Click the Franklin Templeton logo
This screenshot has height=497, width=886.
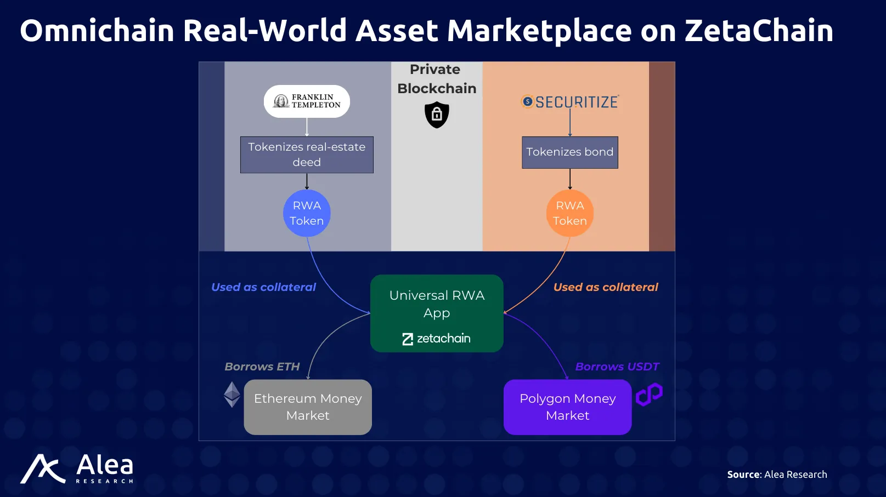coord(307,101)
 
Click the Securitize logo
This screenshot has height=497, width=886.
coord(569,101)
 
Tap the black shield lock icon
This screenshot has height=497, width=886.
coord(437,115)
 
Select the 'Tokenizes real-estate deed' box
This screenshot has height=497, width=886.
coord(307,155)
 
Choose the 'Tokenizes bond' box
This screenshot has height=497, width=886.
coord(569,152)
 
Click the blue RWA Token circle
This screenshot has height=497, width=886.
coord(307,213)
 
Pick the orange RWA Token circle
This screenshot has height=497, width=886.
coord(569,213)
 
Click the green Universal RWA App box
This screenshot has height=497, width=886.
coord(437,313)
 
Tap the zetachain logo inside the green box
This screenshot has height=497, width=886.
coord(436,339)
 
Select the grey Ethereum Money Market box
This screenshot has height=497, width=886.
coord(308,407)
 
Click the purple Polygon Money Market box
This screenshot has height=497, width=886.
coord(568,407)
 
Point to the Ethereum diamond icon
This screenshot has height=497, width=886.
coord(232,395)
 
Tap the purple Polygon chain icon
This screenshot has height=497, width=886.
coord(649,395)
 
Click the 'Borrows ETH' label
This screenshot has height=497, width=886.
coord(262,367)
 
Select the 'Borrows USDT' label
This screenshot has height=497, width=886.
coord(617,367)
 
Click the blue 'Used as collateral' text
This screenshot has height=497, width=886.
coord(263,287)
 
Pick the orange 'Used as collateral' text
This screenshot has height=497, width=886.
coord(606,287)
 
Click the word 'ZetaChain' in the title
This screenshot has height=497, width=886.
coord(759,31)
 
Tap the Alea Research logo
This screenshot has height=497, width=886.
coord(77,469)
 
